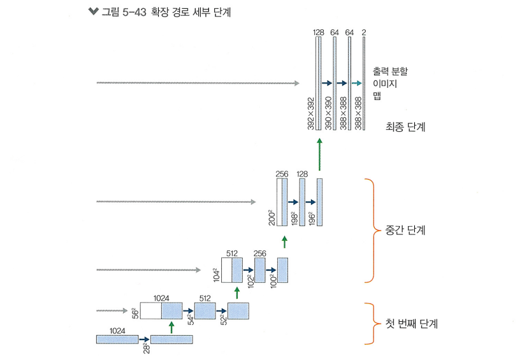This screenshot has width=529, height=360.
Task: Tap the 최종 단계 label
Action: pyautogui.click(x=405, y=127)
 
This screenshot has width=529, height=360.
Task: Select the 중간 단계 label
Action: pyautogui.click(x=405, y=230)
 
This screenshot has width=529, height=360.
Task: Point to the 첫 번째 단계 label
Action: pyautogui.click(x=412, y=324)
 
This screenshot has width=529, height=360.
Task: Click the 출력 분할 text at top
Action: pyautogui.click(x=391, y=71)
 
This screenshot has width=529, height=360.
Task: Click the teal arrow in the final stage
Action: pyautogui.click(x=356, y=83)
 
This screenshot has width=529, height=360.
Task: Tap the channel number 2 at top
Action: pyautogui.click(x=364, y=32)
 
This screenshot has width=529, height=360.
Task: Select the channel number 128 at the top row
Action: pyautogui.click(x=319, y=32)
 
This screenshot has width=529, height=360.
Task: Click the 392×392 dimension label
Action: pyautogui.click(x=311, y=114)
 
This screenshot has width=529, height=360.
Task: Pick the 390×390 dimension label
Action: pyautogui.click(x=328, y=114)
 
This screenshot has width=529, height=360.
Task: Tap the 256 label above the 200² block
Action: pyautogui.click(x=282, y=173)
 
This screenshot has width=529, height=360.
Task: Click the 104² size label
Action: pyautogui.click(x=216, y=275)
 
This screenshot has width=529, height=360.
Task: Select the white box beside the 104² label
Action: pyautogui.click(x=226, y=270)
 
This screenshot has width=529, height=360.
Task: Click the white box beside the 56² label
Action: pyautogui.click(x=150, y=311)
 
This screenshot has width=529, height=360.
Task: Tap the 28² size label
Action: pyautogui.click(x=146, y=348)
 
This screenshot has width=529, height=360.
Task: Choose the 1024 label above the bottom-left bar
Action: pyautogui.click(x=117, y=331)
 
